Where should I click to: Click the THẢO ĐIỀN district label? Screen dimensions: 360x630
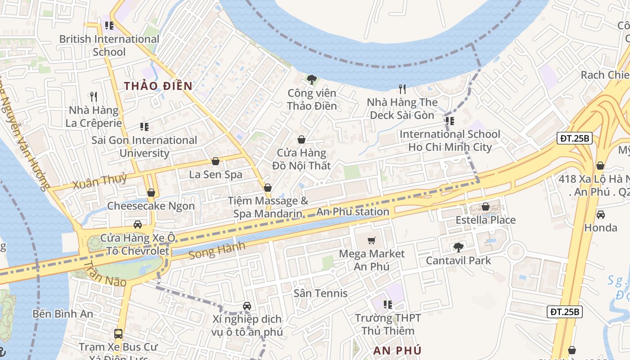[158, 86]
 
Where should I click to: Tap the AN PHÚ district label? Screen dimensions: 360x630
[397, 351]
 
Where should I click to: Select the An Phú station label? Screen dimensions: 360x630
[353, 211]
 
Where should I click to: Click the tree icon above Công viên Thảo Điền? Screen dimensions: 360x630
[311, 80]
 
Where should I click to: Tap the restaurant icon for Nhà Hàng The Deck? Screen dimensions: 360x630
[402, 89]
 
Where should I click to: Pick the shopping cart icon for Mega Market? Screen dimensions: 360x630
[371, 241]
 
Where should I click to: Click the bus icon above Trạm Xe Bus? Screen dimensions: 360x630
[118, 334]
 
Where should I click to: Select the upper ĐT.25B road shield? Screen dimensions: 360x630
[574, 138]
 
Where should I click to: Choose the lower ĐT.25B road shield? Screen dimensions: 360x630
[565, 311]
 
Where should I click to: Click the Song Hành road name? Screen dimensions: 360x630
[217, 250]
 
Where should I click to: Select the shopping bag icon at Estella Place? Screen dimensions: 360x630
[486, 207]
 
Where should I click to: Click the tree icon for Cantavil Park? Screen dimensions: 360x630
[458, 247]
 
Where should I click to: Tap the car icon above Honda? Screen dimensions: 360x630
[600, 214]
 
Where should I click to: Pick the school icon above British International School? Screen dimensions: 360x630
[109, 26]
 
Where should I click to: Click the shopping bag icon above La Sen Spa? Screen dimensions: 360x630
[216, 161]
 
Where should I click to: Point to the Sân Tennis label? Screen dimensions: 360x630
[320, 293]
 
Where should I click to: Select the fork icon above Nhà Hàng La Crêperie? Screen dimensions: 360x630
[94, 97]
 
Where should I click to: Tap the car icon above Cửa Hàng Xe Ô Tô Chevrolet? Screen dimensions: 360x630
[138, 225]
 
